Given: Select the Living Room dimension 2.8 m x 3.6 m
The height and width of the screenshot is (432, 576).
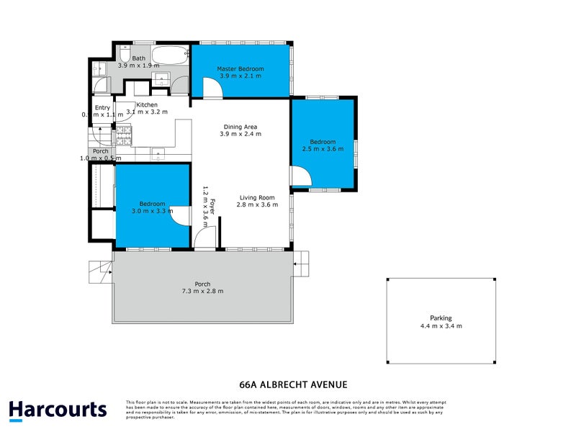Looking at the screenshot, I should tap(257, 205).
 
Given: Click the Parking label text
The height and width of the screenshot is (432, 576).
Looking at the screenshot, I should tap(441, 318).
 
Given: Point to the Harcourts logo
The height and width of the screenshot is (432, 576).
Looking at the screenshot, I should tap(58, 410).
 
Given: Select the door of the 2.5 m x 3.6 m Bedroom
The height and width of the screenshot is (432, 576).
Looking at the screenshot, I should tap(302, 176).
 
